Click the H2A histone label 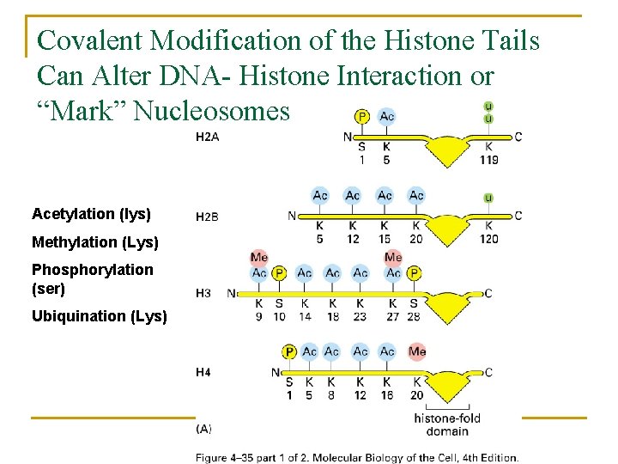208,137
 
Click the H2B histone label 207,217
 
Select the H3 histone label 203,293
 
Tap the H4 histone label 203,372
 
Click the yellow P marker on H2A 361,117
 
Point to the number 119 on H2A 489,159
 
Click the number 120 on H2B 488,238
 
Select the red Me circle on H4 417,351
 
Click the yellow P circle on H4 289,351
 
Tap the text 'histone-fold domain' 446,424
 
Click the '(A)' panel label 204,428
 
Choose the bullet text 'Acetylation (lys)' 91,213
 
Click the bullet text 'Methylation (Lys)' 95,242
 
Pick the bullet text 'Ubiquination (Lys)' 100,316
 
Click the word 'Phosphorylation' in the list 93,270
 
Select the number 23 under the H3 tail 360,316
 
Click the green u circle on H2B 488,198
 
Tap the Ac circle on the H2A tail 387,117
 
